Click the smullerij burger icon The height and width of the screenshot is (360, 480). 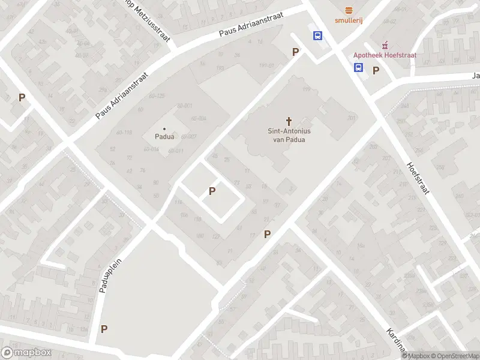(x=349, y=10)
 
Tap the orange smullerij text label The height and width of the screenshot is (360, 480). (x=349, y=20)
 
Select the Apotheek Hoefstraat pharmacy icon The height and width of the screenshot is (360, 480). (x=384, y=45)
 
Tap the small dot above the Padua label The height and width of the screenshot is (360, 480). (x=165, y=127)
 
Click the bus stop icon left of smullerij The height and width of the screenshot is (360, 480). (x=317, y=35)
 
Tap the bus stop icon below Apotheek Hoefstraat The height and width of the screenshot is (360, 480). (x=358, y=67)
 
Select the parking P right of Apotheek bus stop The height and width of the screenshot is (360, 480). (x=376, y=70)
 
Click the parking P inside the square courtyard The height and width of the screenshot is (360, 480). (x=212, y=191)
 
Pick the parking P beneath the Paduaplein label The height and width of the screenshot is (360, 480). (x=104, y=329)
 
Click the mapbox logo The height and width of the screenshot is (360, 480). (x=26, y=352)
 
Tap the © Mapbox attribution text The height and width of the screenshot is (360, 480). (x=414, y=356)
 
